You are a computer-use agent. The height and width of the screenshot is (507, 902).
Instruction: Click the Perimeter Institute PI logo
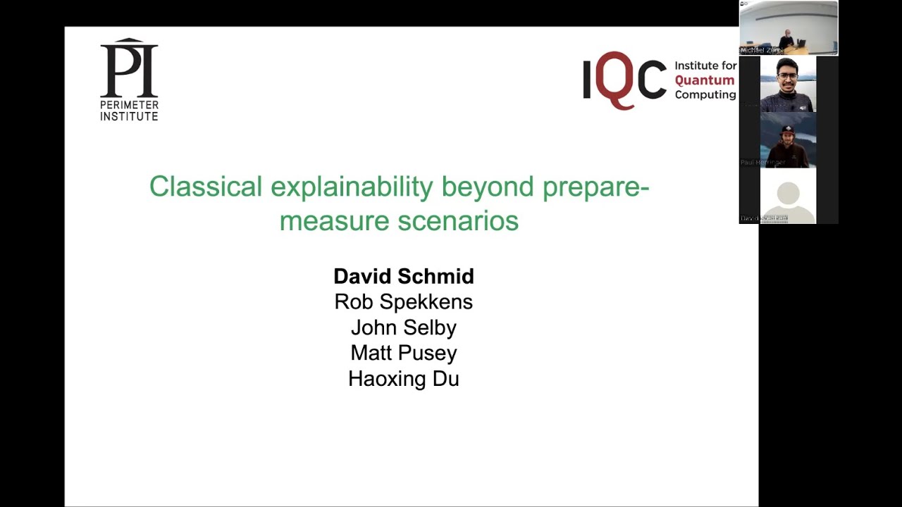click(x=129, y=69)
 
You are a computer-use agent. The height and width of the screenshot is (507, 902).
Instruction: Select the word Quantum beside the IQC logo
click(x=704, y=80)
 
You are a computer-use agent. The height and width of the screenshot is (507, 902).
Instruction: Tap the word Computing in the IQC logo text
click(x=705, y=94)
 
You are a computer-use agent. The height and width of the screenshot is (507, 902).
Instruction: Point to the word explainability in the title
click(x=352, y=187)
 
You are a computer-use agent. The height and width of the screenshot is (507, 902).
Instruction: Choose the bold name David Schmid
click(x=404, y=276)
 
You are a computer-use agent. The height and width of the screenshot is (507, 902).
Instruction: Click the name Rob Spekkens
click(x=404, y=301)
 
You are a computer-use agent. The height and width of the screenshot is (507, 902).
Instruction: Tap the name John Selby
click(x=404, y=327)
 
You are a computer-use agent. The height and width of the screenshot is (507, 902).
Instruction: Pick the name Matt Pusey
click(x=404, y=353)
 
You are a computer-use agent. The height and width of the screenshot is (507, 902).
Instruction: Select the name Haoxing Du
click(x=404, y=379)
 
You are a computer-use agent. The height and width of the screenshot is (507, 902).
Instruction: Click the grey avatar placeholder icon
click(x=788, y=198)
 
